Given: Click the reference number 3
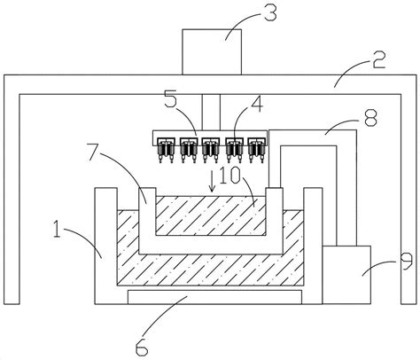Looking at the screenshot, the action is click(270, 13).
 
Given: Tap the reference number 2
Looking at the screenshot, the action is click(378, 60).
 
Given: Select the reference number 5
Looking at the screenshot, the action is click(170, 100).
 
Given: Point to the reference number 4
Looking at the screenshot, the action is click(258, 105).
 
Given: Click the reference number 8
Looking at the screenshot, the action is click(370, 118).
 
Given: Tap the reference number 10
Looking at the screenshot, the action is click(229, 176).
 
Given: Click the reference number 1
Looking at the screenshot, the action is click(57, 229).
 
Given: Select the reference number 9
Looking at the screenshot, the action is click(406, 262).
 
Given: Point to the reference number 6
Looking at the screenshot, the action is click(141, 348).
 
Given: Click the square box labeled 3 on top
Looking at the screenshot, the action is click(212, 52).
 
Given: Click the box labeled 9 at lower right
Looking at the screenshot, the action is click(346, 275).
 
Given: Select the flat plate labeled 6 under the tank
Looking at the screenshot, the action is click(214, 297).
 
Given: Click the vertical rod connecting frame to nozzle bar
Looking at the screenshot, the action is click(211, 113).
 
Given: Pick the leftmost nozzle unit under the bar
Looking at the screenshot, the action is click(166, 150).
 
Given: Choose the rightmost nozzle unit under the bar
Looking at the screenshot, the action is click(256, 150).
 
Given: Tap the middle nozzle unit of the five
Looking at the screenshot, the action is click(211, 150).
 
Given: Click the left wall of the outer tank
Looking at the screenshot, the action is click(105, 246).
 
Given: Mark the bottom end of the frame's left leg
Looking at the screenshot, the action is click(12, 304).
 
